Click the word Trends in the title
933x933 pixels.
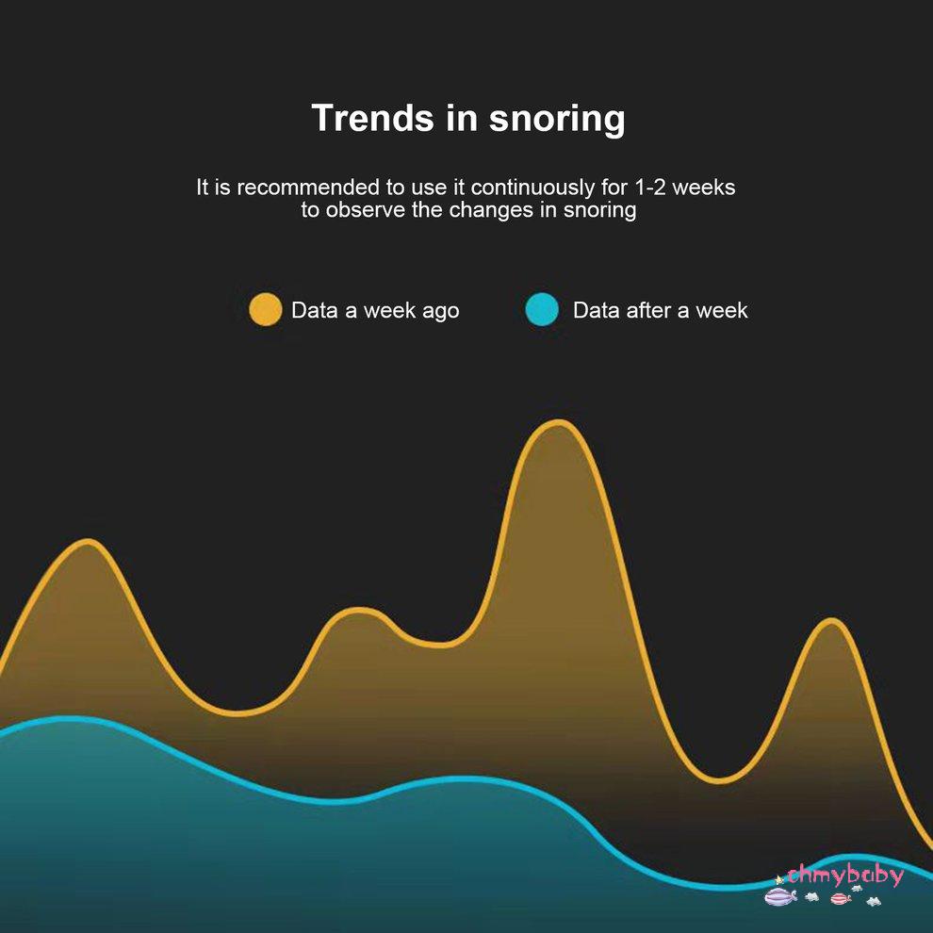coord(372,118)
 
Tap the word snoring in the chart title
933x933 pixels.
coord(556,120)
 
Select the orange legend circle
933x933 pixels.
coord(265,309)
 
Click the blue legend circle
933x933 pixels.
coord(542,309)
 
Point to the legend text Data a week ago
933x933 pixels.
coord(375,311)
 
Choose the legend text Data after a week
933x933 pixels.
coord(660,310)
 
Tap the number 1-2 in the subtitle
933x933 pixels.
coord(649,188)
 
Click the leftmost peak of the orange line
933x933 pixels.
coord(88,542)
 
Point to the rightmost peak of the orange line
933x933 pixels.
coord(830,621)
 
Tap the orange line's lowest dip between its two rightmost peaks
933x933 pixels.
coord(719,780)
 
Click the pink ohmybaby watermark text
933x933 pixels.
coord(845,875)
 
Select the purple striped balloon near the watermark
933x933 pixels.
coord(778,895)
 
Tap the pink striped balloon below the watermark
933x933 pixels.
coord(841,897)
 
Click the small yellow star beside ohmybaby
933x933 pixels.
coord(779,879)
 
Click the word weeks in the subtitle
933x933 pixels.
coord(703,188)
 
